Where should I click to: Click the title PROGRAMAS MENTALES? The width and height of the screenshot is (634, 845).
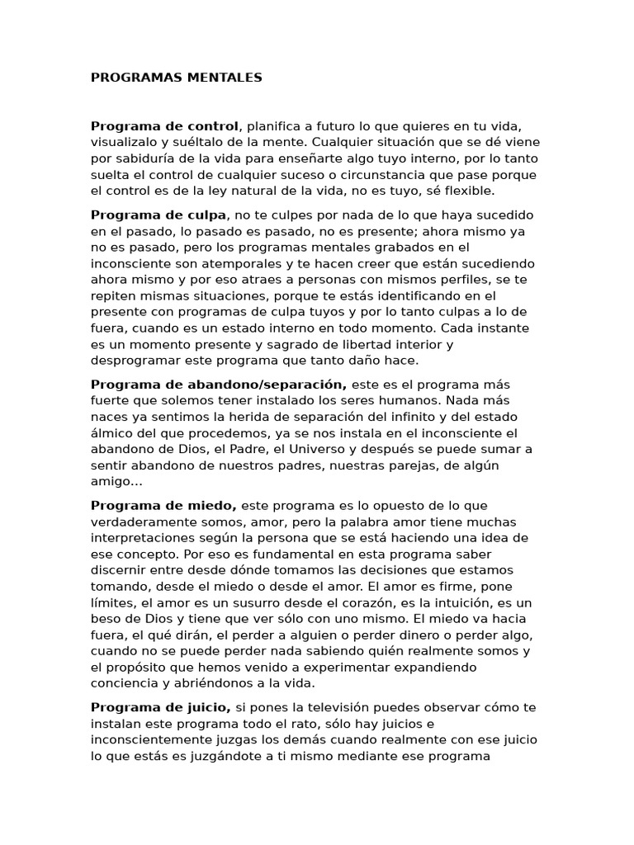176,78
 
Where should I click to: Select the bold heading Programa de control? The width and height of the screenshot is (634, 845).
164,126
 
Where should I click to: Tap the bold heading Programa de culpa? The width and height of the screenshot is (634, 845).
158,215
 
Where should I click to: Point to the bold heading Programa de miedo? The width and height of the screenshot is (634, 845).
163,505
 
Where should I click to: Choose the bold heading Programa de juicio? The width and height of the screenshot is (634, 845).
161,707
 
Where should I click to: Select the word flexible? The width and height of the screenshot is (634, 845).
466,191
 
